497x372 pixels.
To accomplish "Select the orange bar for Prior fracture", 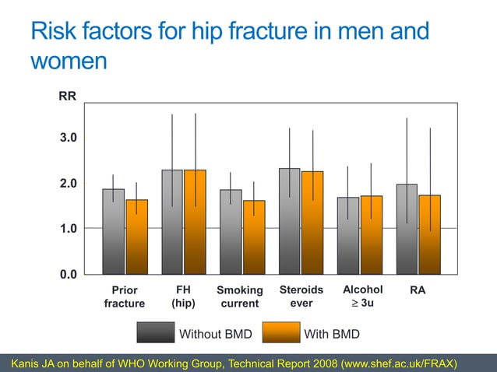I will [136, 237].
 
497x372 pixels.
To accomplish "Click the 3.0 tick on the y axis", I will [69, 138].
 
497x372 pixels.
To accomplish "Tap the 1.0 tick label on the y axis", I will [69, 229].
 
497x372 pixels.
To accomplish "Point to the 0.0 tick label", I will [69, 274].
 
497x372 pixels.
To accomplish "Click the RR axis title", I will [68, 97].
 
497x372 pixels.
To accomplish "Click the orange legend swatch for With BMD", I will [280, 334].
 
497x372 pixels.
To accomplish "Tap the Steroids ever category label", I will [301, 297].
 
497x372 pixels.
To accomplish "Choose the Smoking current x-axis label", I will [240, 297].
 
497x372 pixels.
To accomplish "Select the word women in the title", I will [68, 61].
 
